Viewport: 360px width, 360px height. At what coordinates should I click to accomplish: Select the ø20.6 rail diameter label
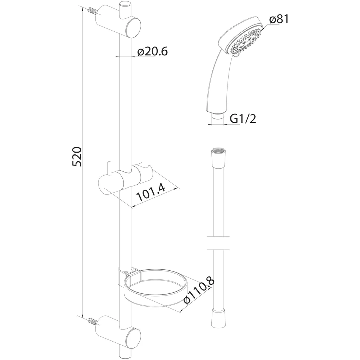coord(152,51)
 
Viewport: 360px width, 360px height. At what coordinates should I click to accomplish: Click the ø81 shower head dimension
coord(279,19)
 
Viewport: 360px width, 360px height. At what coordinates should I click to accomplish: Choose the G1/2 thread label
coord(243,119)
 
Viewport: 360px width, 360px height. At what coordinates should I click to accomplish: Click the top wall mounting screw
coord(93,11)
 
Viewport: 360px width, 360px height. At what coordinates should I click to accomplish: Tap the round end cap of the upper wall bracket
coord(133,28)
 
